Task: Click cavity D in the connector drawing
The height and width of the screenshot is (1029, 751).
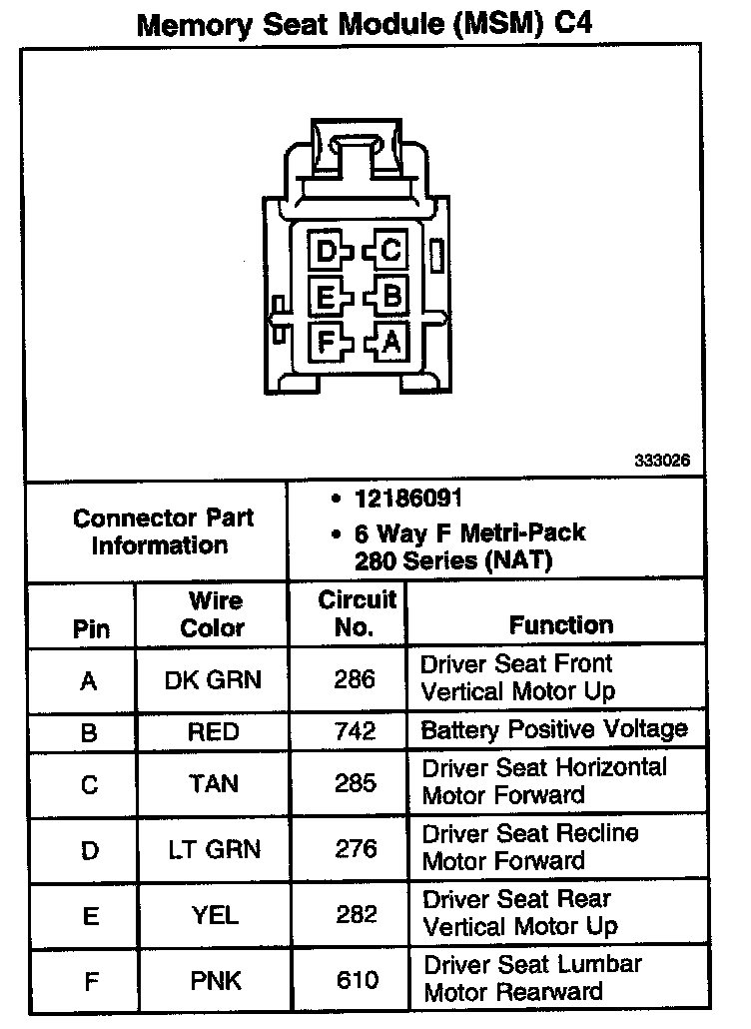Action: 325,250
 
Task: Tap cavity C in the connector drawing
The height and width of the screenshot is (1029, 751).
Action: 389,250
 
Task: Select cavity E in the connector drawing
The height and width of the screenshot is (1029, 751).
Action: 325,297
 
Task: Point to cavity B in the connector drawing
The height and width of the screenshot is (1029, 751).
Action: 390,297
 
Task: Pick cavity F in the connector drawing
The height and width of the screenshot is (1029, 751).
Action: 325,343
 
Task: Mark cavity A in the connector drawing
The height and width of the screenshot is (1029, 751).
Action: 390,343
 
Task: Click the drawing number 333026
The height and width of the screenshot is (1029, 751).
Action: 662,462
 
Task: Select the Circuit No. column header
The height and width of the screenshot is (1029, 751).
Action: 357,613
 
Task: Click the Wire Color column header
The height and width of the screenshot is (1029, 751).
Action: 213,613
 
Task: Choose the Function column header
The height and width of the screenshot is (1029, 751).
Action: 561,625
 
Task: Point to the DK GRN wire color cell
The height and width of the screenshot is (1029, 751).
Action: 213,680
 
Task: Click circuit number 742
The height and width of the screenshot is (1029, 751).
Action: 356,731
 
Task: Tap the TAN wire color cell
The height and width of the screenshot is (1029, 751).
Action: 213,784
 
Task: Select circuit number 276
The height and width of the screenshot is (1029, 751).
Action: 356,849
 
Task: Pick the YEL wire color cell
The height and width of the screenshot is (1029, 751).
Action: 213,915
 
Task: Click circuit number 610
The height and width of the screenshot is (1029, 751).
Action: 356,981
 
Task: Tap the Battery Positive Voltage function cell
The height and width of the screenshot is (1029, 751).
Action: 554,729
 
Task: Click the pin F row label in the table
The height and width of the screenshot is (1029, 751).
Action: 90,981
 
